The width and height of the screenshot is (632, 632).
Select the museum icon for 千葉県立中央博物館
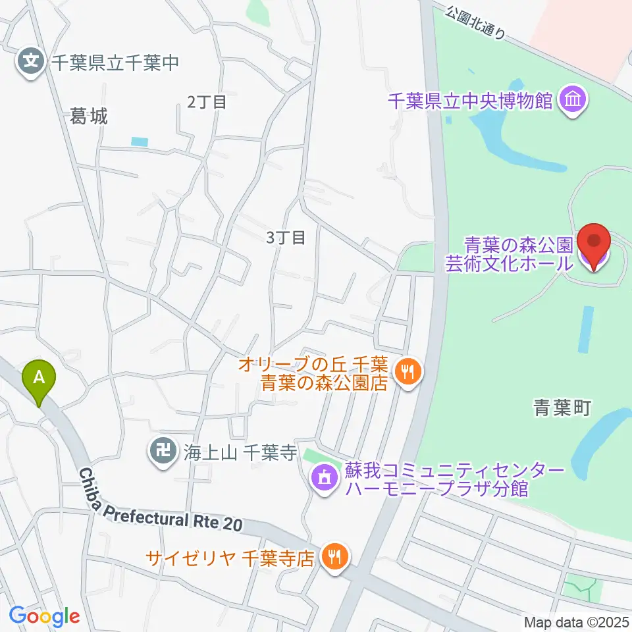(x=572, y=101)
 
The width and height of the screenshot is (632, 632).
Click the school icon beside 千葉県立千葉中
(x=30, y=63)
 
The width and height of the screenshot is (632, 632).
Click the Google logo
(x=44, y=616)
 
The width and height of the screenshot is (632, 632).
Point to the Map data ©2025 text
(x=576, y=621)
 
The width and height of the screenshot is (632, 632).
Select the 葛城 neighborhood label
(x=88, y=117)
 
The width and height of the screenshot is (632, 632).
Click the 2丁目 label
(x=207, y=101)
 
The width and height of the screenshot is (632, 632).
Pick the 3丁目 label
(x=286, y=237)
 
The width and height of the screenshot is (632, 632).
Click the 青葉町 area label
(x=562, y=409)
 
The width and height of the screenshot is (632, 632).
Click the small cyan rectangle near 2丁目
(x=140, y=141)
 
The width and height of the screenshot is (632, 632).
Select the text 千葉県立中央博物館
(x=469, y=101)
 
